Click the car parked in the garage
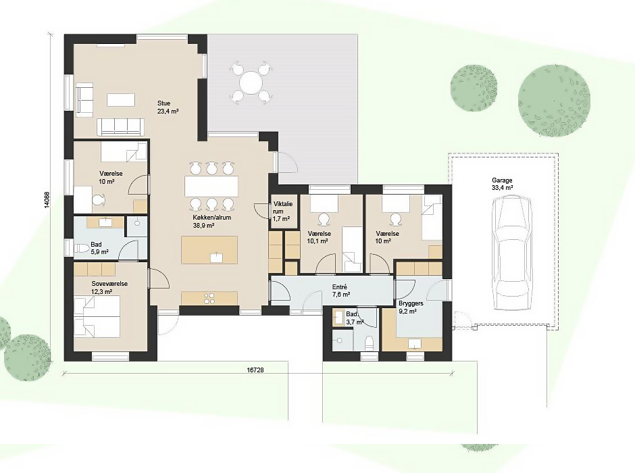pyautogui.click(x=511, y=253)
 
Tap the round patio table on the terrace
pyautogui.click(x=251, y=83)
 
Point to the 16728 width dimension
pyautogui.click(x=255, y=370)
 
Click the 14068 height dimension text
pyautogui.click(x=47, y=199)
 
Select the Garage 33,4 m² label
pyautogui.click(x=502, y=184)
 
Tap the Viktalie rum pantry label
pyautogui.click(x=282, y=211)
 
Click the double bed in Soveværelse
pyautogui.click(x=97, y=316)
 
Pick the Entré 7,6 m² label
pyautogui.click(x=341, y=291)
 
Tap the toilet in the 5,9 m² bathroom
pyautogui.click(x=82, y=248)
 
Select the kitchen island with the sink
pyautogui.click(x=209, y=250)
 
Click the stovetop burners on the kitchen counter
pyautogui.click(x=209, y=299)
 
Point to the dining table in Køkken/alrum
pyautogui.click(x=211, y=186)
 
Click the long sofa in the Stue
pyautogui.click(x=120, y=127)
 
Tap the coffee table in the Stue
pyautogui.click(x=121, y=100)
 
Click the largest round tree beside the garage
pyautogui.click(x=554, y=100)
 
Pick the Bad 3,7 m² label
pyautogui.click(x=355, y=318)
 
